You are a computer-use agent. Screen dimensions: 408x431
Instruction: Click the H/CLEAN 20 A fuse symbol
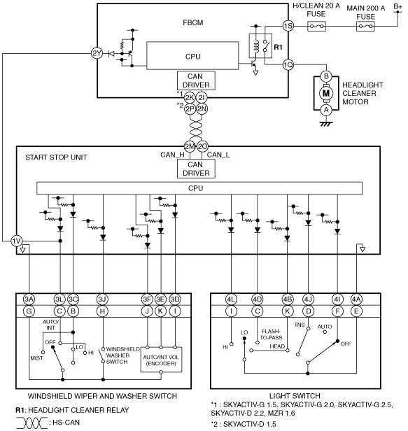coord(316,27)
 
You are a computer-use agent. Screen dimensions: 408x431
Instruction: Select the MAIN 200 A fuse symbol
coord(365,27)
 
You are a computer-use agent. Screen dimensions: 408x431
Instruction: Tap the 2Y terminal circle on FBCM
coord(97,53)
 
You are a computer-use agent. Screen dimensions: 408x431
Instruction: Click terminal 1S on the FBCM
coord(288,26)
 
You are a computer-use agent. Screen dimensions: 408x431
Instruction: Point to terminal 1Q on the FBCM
coord(288,65)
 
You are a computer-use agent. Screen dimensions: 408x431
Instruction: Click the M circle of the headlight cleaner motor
coord(326,93)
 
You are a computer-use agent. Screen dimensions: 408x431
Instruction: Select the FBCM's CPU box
coord(192,56)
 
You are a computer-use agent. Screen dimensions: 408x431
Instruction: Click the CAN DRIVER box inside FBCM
coord(196,80)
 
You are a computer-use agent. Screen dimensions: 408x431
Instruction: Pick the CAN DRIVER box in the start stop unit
coord(196,169)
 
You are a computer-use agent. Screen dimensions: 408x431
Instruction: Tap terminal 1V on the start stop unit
coord(17,241)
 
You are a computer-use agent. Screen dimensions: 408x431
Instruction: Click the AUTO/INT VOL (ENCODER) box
coord(161,360)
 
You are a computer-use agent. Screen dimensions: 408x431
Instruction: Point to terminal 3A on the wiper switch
coord(29,299)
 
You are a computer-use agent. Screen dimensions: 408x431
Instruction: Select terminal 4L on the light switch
coord(231,299)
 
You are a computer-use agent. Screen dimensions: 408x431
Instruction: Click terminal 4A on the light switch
coord(357,299)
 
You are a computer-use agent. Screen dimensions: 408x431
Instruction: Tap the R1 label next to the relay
coord(279,48)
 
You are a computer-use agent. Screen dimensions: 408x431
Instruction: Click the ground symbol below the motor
coord(326,124)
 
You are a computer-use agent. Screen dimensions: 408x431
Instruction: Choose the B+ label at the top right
coord(398,6)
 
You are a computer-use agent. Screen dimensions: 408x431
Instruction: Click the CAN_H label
coord(172,155)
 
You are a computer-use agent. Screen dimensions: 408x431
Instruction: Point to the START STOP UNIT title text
coord(56,157)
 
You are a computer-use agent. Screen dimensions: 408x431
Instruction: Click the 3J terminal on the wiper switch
coord(102,299)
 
